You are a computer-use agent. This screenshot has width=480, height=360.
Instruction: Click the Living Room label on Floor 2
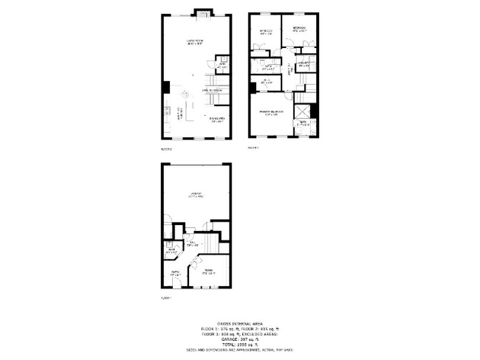tap(195, 43)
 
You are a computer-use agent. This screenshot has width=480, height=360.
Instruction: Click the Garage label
tap(196, 196)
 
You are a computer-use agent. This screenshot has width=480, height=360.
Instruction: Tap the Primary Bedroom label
tap(272, 112)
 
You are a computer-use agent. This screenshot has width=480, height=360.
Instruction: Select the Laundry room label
tap(304, 65)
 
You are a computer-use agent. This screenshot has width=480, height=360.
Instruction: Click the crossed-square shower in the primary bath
tap(301, 111)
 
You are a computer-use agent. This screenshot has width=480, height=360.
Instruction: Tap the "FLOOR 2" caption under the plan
tap(165, 149)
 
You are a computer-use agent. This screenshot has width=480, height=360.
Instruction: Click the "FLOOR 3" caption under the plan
tap(253, 148)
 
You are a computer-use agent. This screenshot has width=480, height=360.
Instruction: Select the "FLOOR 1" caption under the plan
tap(165, 298)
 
